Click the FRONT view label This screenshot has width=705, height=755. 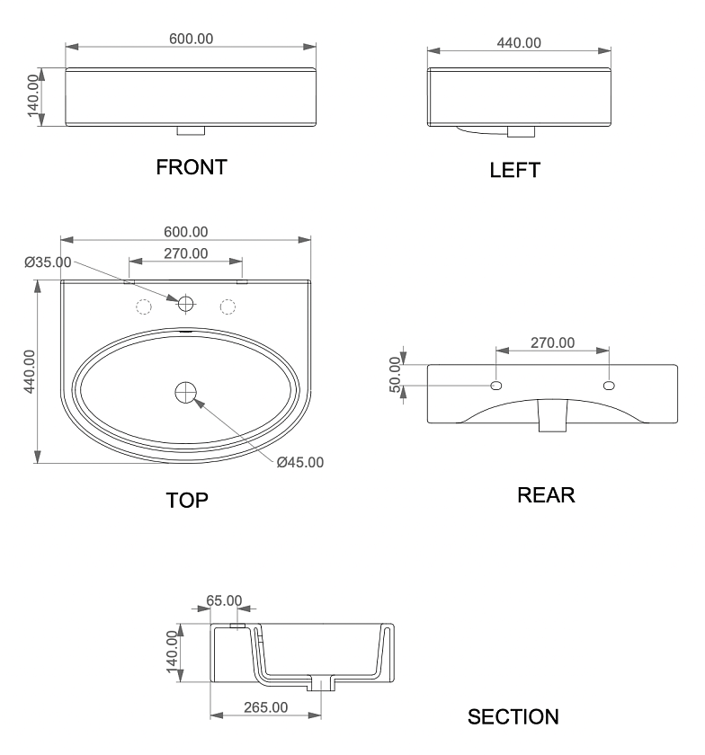click(192, 167)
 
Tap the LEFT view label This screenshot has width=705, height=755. click(514, 171)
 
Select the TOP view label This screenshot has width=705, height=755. click(187, 501)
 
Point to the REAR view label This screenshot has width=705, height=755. click(546, 495)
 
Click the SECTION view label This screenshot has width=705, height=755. click(513, 717)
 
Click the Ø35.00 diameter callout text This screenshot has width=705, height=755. click(48, 262)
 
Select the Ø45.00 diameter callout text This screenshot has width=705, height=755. click(300, 462)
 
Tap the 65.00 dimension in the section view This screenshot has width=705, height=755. click(224, 601)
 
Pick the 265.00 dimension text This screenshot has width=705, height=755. click(265, 707)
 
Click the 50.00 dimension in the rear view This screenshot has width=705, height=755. click(395, 375)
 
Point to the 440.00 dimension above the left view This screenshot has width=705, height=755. click(519, 43)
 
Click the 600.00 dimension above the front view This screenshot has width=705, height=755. click(191, 39)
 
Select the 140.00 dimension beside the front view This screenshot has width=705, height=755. click(32, 95)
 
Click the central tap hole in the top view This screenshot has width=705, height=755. click(185, 304)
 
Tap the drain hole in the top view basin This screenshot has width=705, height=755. click(185, 393)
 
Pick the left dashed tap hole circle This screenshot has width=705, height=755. click(144, 306)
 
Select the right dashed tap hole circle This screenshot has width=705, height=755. click(228, 306)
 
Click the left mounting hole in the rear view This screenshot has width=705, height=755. click(495, 386)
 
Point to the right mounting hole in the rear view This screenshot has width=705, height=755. click(609, 386)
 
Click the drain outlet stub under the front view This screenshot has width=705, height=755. click(191, 130)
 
